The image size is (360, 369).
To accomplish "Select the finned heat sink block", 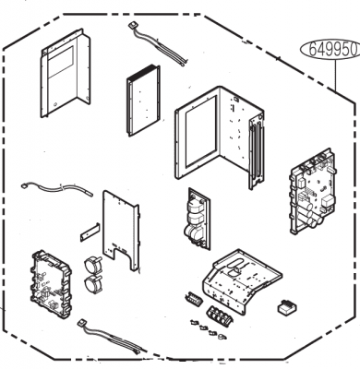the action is pos(143,101).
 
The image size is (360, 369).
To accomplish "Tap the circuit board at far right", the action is pos(312,192).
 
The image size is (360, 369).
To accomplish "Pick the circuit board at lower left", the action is pos(51,284).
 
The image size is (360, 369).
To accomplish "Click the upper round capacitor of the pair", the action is pos(91,264).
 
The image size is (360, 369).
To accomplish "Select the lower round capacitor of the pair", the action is pos(91,284).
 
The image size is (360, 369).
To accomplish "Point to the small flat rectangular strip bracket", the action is pos(90,232).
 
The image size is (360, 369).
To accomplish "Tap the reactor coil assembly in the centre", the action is pos(198,219).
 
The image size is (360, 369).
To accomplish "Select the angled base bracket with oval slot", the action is pos(243,281).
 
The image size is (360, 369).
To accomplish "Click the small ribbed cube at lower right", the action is pos(287,308).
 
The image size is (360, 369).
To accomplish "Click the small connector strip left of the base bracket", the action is pos(193,299).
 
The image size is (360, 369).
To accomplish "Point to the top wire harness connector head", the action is pos(132,25).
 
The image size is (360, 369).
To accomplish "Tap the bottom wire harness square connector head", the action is pos(82,323).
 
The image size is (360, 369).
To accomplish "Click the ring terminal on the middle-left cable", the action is pos(24,185).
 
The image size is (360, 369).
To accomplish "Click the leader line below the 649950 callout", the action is pos(335,75).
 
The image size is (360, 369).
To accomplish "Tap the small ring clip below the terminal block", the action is pos(222,337).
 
